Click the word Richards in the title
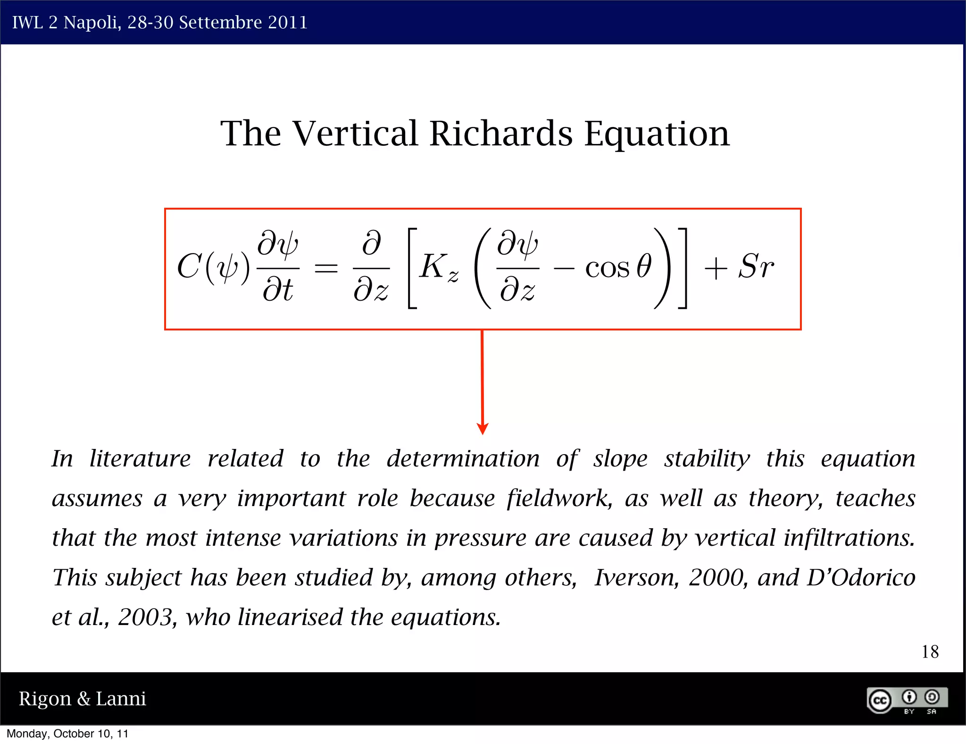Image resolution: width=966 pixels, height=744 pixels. tap(501, 134)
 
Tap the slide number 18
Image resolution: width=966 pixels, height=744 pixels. tap(930, 652)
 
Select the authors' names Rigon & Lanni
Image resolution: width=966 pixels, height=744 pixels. tap(82, 699)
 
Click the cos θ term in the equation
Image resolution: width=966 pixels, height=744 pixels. tap(618, 267)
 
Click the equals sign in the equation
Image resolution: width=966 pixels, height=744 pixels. tap(326, 269)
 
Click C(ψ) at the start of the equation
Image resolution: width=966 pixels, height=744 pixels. tap(213, 268)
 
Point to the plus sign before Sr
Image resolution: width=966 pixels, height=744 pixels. tap(715, 269)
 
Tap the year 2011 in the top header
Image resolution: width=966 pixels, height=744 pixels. tap(287, 22)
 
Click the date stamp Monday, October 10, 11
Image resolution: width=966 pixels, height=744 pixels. tap(67, 734)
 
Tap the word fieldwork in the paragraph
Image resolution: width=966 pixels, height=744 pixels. tap(559, 499)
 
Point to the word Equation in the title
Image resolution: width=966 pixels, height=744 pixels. tap(657, 134)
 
